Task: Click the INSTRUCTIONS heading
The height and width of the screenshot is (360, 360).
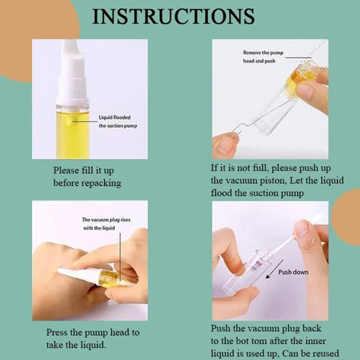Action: (173, 16)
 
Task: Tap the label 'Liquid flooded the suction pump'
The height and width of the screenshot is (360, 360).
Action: (118, 121)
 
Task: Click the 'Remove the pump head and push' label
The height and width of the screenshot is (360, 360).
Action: (263, 57)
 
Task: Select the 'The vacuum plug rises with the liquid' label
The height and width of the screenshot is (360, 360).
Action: (106, 224)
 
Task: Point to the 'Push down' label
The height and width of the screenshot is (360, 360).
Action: (293, 272)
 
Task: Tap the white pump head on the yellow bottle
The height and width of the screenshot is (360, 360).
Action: (73, 73)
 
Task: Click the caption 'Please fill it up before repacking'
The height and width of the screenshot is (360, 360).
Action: (87, 177)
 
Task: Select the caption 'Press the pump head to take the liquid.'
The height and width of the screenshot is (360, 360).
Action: (93, 339)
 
